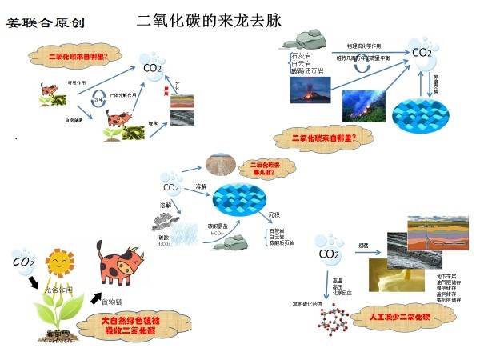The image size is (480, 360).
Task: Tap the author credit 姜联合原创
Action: click(x=39, y=21)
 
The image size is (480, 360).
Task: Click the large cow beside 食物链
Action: click(x=119, y=264)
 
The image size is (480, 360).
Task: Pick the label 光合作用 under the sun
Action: click(x=58, y=289)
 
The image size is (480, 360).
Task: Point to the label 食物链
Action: click(x=112, y=301)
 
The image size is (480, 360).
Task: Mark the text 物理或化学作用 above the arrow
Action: click(x=363, y=46)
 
